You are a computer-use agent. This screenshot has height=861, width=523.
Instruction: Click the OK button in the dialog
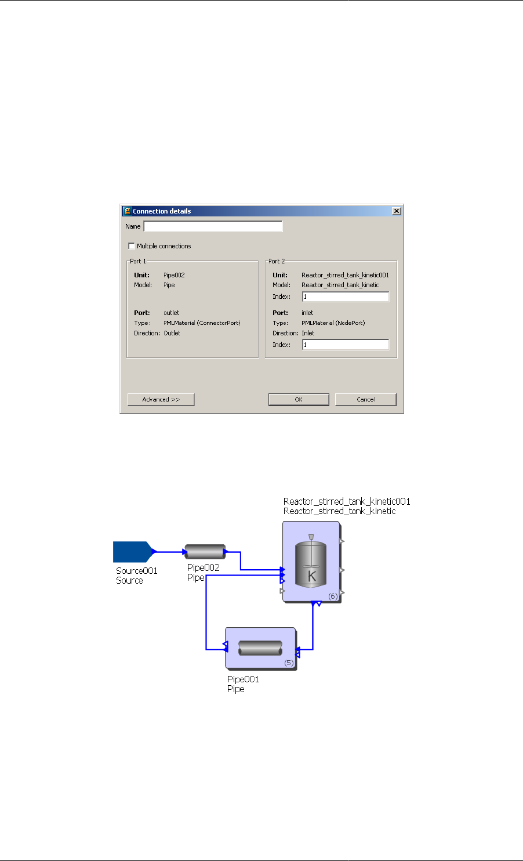[298, 399]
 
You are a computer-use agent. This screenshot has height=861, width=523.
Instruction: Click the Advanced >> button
[161, 399]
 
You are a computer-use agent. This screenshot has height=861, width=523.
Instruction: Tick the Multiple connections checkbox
[131, 246]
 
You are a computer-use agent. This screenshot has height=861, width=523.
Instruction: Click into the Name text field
[213, 226]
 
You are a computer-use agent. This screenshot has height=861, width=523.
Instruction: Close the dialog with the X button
[397, 211]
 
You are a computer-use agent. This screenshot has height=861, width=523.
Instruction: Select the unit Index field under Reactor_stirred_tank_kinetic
[345, 296]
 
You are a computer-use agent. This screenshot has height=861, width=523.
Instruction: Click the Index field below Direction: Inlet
[345, 345]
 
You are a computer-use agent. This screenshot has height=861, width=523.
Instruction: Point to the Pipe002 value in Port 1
[174, 275]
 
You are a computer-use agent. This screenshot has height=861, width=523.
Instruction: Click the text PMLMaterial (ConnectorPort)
[202, 323]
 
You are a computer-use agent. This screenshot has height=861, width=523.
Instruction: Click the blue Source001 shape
[131, 552]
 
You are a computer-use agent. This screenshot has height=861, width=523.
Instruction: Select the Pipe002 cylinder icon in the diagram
[205, 552]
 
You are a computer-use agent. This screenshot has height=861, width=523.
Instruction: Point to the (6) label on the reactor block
[333, 596]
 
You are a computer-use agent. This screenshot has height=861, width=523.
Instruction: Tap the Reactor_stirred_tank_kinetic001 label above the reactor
[347, 501]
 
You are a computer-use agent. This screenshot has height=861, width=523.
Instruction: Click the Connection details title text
[162, 211]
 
